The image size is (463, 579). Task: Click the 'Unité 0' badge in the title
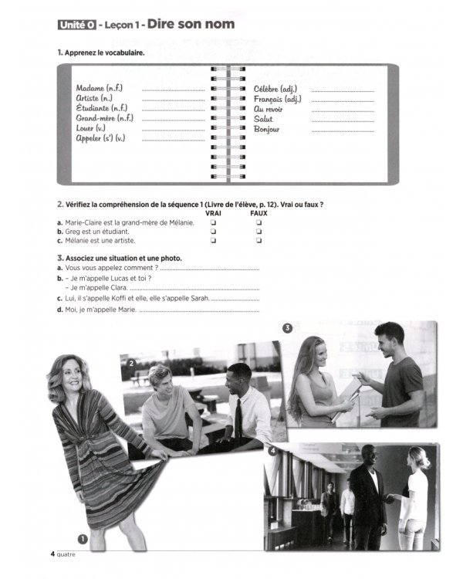(75, 25)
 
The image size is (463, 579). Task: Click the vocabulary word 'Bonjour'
(267, 129)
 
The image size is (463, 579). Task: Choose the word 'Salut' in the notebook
(263, 119)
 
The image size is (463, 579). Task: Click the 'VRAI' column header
(213, 213)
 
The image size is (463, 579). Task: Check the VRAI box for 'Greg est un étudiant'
(213, 231)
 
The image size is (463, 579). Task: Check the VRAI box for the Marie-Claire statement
(213, 222)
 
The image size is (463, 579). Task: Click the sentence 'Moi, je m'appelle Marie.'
(100, 310)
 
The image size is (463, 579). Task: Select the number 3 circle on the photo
(287, 328)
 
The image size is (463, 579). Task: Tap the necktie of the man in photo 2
(239, 417)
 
